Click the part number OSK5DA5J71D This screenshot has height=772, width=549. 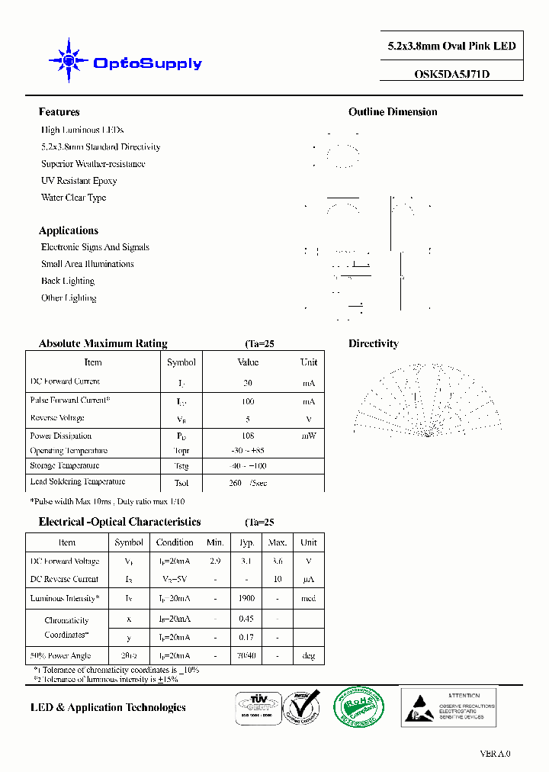click(x=452, y=75)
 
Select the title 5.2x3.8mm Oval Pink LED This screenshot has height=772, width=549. click(x=452, y=46)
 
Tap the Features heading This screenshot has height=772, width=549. click(x=59, y=112)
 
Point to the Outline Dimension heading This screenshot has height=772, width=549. click(x=393, y=112)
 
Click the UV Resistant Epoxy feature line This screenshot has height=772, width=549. click(x=79, y=181)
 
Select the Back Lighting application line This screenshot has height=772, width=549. click(x=68, y=281)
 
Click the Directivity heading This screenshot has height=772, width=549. click(x=374, y=344)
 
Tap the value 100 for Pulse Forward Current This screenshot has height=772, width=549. click(x=248, y=401)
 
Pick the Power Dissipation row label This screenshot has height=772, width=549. click(x=61, y=436)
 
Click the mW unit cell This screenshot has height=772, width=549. click(x=308, y=436)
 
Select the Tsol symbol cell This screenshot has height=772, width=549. click(x=181, y=483)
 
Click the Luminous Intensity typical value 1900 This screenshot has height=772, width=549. click(x=246, y=599)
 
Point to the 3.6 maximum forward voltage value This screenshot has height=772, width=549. click(x=278, y=561)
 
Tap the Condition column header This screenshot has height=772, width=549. click(x=175, y=542)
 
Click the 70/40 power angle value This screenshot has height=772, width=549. click(x=246, y=656)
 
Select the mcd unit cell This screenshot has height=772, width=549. click(x=308, y=599)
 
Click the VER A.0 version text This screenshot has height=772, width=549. click(x=495, y=754)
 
